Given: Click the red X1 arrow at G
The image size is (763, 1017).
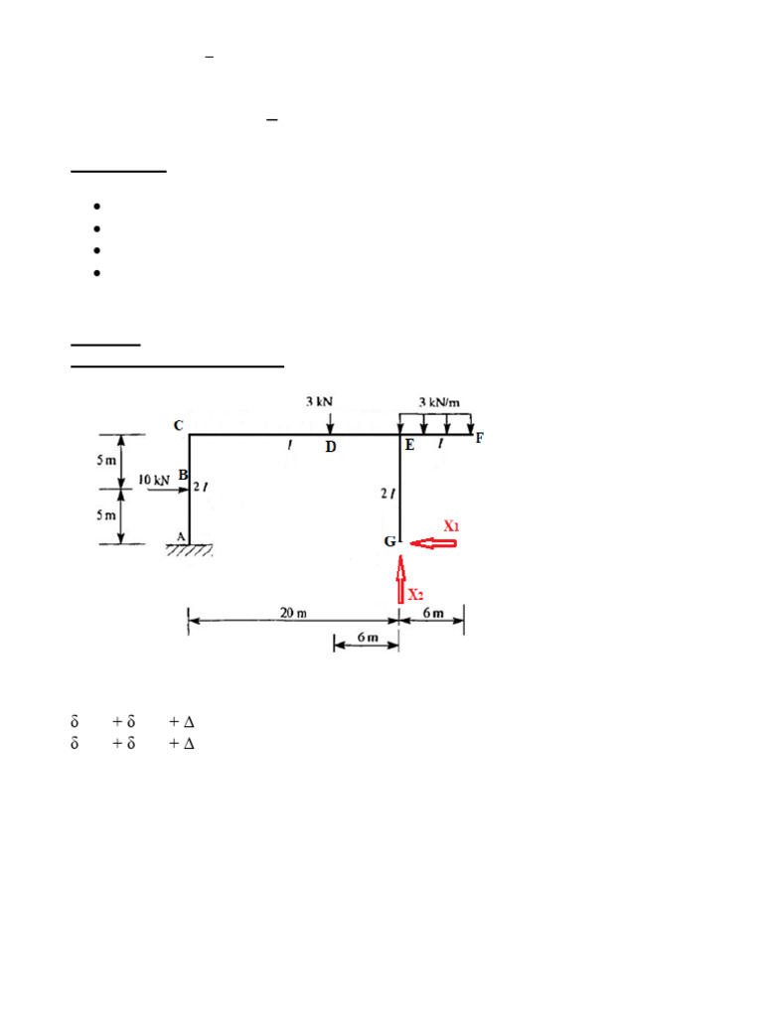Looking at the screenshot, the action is click(x=433, y=543).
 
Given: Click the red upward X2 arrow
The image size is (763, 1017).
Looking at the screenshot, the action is click(x=401, y=579).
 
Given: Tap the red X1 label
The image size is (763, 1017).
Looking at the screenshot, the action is click(x=451, y=525).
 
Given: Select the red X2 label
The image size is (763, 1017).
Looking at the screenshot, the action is click(x=416, y=594).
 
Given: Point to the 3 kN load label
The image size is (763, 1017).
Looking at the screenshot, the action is click(x=319, y=401).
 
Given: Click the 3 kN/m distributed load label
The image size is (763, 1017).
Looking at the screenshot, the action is click(x=439, y=402).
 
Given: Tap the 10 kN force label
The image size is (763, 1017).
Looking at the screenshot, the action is click(x=154, y=480).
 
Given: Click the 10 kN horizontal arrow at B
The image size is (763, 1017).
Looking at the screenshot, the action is click(x=168, y=490).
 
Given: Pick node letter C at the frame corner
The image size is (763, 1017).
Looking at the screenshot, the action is click(x=179, y=425).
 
